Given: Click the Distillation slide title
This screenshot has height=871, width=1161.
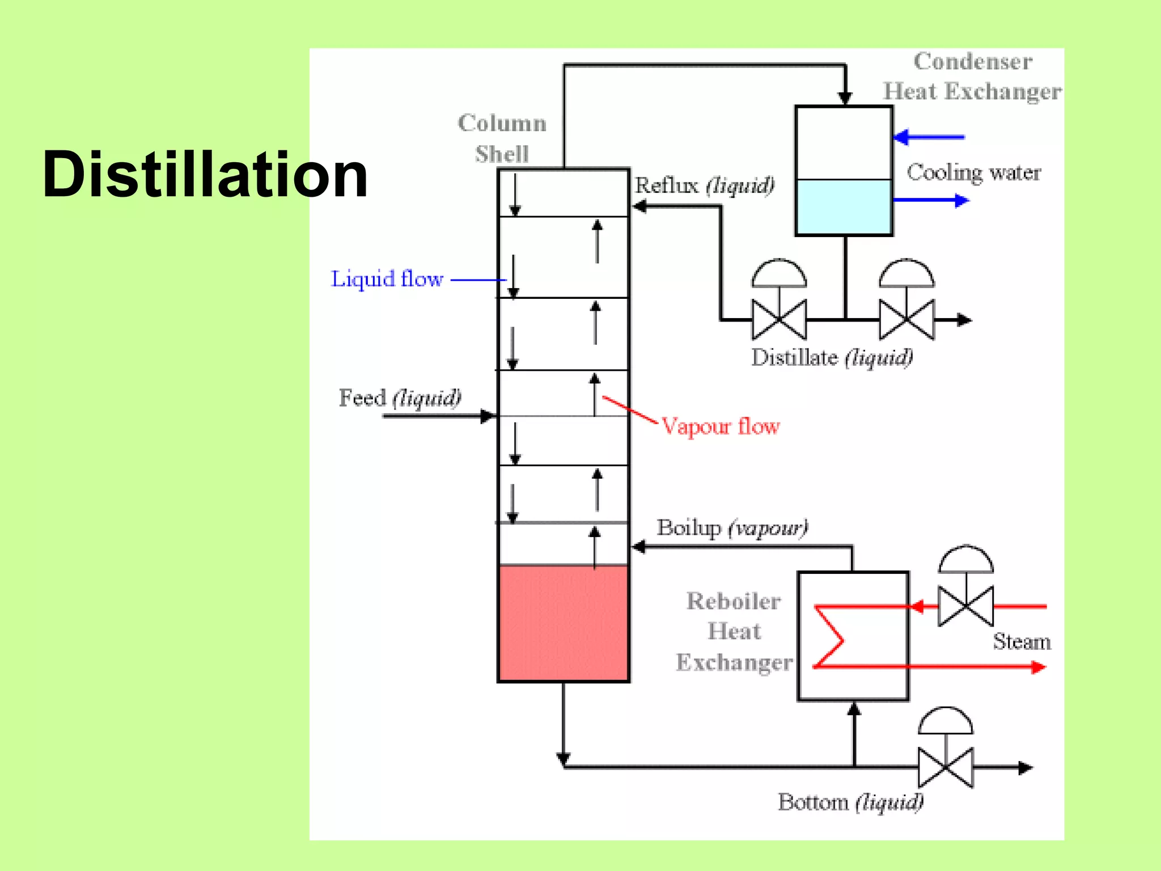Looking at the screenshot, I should [205, 174].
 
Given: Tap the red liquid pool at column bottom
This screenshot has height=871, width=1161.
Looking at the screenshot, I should [563, 623].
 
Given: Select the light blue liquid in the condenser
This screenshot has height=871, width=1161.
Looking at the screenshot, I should [844, 207].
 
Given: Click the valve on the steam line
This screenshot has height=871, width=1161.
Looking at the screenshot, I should [965, 606].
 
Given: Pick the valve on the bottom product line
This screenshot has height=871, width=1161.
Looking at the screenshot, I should [946, 767].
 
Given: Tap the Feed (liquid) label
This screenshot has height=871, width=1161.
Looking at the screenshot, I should [400, 398].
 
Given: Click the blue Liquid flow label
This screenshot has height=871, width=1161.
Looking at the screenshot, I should [387, 279].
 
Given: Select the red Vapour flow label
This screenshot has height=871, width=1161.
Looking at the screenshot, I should [721, 426].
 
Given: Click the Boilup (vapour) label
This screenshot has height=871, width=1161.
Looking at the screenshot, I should [732, 528].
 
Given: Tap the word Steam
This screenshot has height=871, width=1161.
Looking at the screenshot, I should [1022, 641].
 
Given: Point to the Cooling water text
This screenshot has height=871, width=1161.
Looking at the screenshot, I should [973, 172].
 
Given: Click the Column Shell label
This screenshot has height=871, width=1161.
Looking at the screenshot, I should [502, 138].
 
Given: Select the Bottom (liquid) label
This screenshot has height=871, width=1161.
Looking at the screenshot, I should [850, 802].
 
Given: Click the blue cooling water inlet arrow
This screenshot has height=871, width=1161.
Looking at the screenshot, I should [927, 137].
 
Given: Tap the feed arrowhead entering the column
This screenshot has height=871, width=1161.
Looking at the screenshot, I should [488, 416].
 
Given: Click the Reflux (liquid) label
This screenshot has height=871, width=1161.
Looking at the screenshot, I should [704, 185].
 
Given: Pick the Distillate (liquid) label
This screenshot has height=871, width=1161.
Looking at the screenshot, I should [832, 357].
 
